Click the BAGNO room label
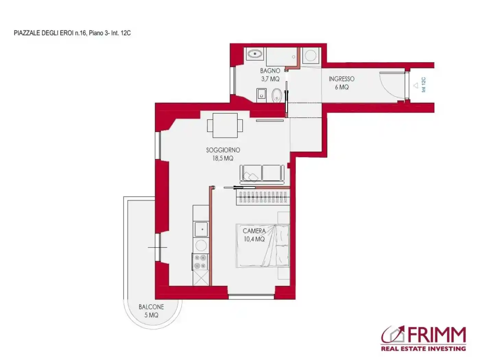click(x=270, y=71)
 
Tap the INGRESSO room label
click(x=341, y=79)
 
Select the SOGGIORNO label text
click(x=223, y=150)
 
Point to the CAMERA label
click(x=254, y=231)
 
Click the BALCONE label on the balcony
click(x=151, y=307)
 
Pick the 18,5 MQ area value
click(x=223, y=158)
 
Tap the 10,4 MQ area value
click(x=254, y=239)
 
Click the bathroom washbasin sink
click(x=255, y=53)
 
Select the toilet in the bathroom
click(x=276, y=95)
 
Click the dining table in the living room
click(x=225, y=125)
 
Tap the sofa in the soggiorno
click(x=262, y=175)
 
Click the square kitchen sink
click(x=201, y=229)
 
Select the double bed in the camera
click(x=263, y=246)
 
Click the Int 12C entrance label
click(x=423, y=85)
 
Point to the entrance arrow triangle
click(x=416, y=85)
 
